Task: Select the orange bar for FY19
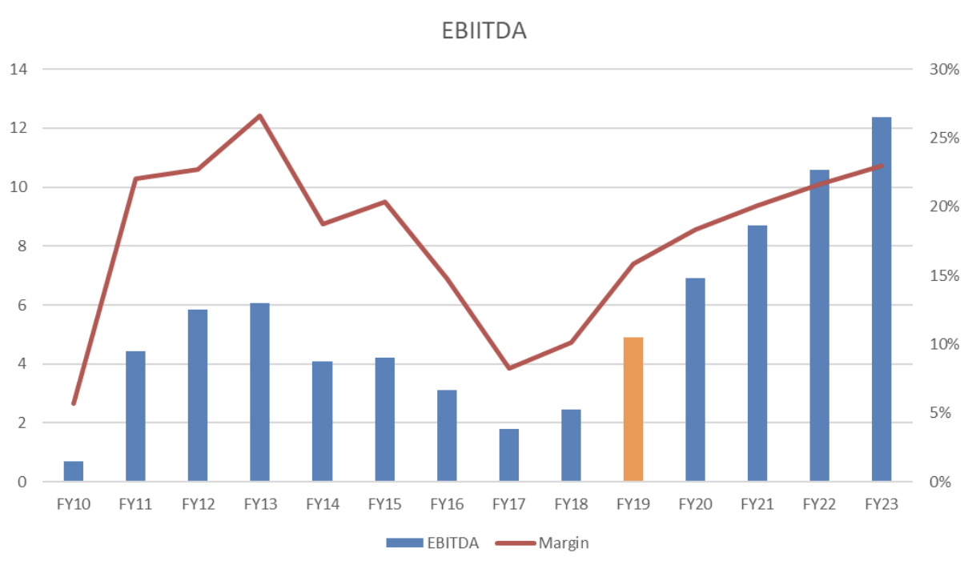point(633,409)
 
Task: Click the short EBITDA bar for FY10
point(74,471)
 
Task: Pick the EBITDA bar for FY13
point(259,392)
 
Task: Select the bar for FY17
point(508,455)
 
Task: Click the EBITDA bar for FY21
point(757,353)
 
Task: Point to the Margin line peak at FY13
point(259,116)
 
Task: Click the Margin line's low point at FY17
point(508,368)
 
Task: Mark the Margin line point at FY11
point(135,178)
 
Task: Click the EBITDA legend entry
point(432,543)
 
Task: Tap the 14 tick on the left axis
point(18,70)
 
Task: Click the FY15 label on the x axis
point(384,505)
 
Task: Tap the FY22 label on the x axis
point(819,505)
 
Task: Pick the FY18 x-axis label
point(571,505)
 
